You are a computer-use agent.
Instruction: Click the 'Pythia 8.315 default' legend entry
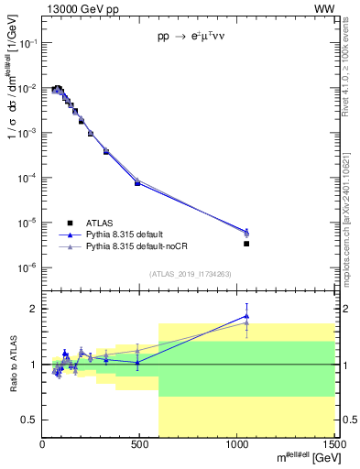(x=125, y=234)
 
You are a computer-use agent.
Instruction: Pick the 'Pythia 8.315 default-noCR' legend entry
(x=135, y=246)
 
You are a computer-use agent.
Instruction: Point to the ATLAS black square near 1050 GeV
(x=246, y=244)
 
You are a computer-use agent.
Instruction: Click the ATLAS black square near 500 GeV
(x=137, y=183)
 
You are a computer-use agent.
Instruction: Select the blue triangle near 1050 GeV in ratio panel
(x=246, y=315)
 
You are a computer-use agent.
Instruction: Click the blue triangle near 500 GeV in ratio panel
(x=137, y=362)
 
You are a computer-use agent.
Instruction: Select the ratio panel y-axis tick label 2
(x=33, y=309)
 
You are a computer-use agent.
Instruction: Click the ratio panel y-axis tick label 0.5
(x=29, y=420)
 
